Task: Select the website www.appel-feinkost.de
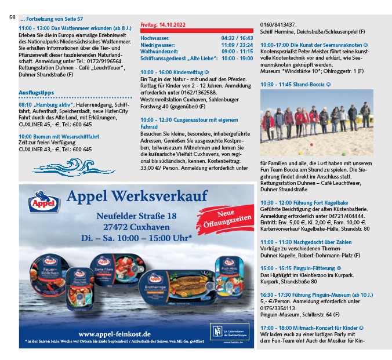point(114,334)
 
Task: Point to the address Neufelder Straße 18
point(136,216)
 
